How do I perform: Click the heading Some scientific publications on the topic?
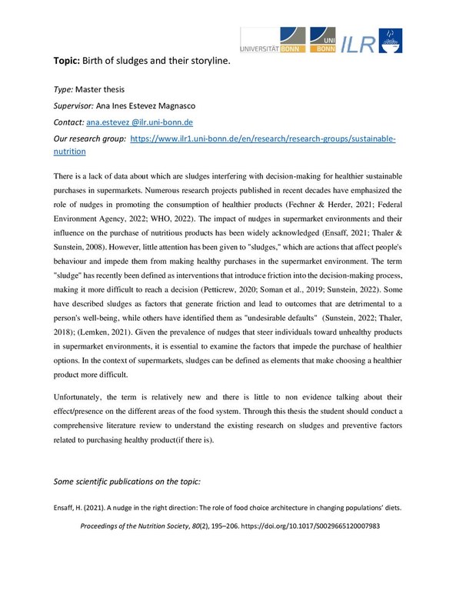[126, 481]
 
